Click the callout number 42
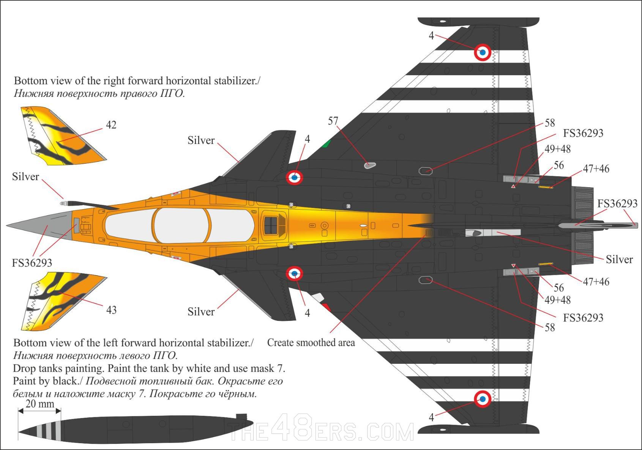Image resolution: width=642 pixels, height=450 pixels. click(x=111, y=125)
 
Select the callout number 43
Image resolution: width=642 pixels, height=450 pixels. click(x=111, y=310)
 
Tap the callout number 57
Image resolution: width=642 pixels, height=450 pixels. click(x=333, y=121)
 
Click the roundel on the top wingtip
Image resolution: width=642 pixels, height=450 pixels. click(x=483, y=52)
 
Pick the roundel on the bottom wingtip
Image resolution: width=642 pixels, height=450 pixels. click(x=483, y=399)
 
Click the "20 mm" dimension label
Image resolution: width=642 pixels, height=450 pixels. click(x=40, y=404)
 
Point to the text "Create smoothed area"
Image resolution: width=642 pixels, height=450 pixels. click(x=311, y=343)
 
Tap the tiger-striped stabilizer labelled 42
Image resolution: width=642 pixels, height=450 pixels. click(x=61, y=137)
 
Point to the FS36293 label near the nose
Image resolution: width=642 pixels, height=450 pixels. click(x=32, y=263)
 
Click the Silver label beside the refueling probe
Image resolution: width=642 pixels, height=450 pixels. click(x=25, y=177)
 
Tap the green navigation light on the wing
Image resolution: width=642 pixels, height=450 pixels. click(x=326, y=144)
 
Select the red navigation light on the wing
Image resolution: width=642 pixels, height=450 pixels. click(x=326, y=307)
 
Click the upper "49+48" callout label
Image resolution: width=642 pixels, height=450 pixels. click(x=557, y=149)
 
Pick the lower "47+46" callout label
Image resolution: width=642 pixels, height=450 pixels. click(x=596, y=282)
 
